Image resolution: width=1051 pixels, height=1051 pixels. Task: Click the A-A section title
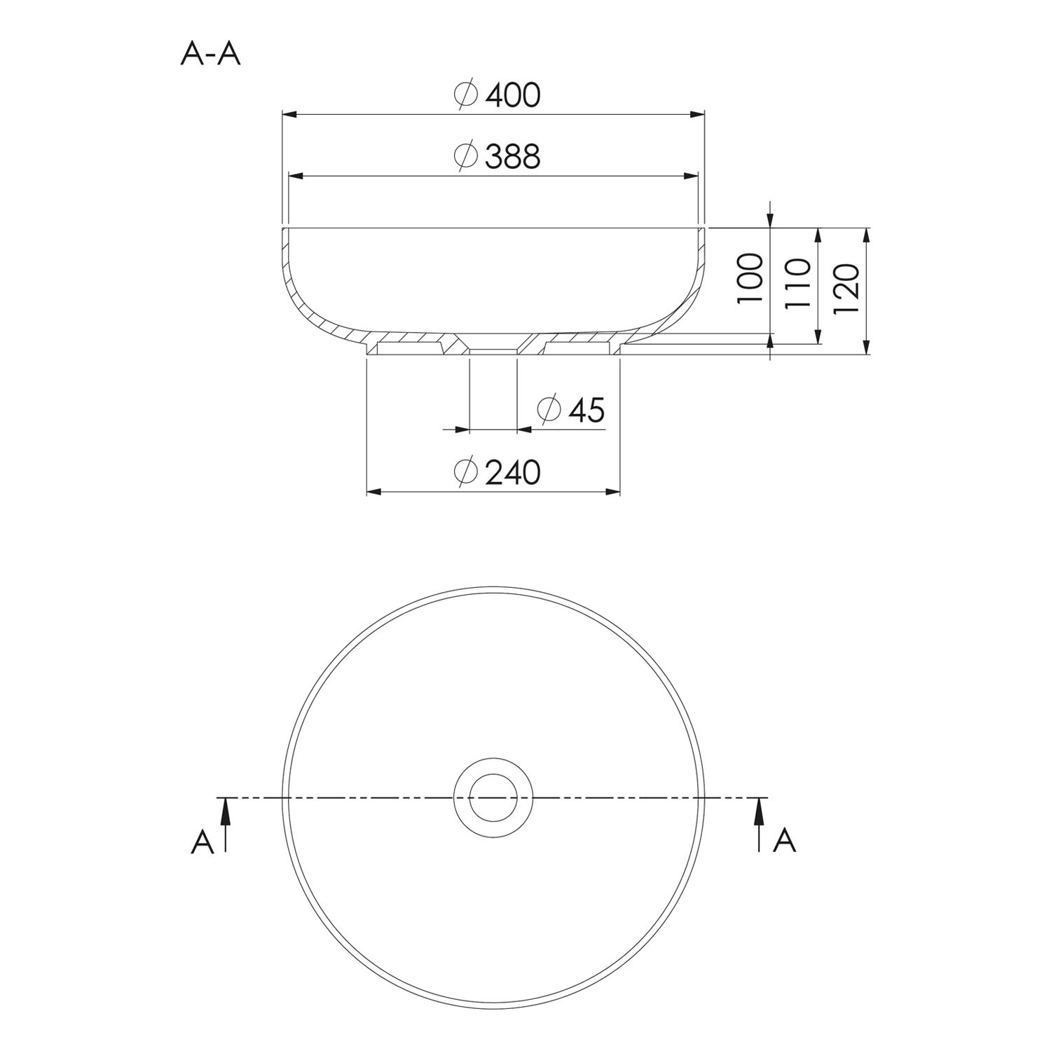click(x=210, y=53)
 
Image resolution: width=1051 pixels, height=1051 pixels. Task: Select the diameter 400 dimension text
click(x=497, y=95)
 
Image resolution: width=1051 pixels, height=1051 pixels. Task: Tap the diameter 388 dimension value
click(x=497, y=156)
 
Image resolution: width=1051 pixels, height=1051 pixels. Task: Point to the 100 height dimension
click(x=750, y=277)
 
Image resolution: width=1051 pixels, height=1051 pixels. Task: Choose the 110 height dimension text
click(x=798, y=283)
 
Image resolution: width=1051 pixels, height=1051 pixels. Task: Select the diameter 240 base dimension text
click(x=497, y=472)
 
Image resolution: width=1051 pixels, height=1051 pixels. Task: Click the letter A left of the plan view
click(x=202, y=841)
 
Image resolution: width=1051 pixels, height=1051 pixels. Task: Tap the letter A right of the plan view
click(x=785, y=839)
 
